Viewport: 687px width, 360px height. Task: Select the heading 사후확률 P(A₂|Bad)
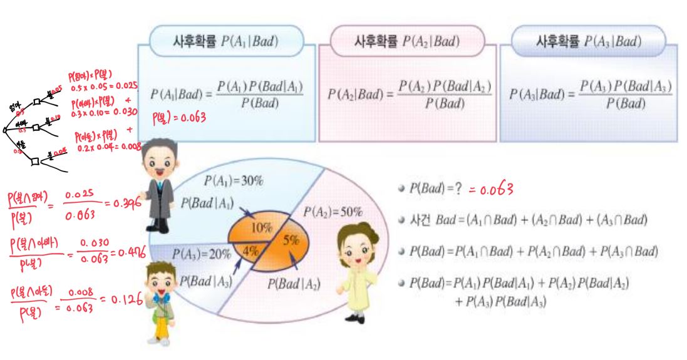coord(408,43)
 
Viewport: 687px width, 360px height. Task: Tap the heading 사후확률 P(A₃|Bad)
coord(589,43)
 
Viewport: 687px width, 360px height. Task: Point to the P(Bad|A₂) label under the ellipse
coord(294,284)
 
